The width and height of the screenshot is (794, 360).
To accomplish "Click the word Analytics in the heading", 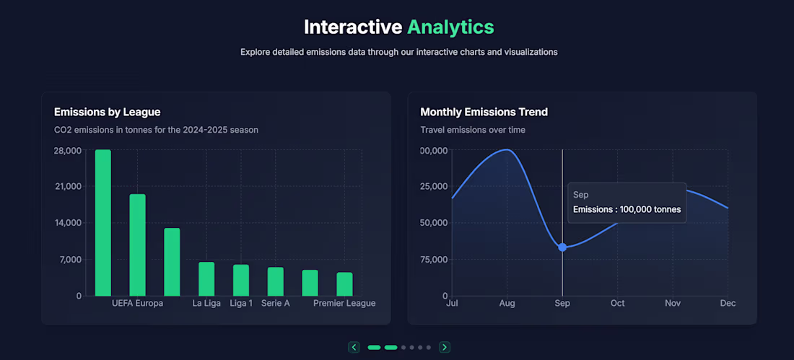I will [450, 27].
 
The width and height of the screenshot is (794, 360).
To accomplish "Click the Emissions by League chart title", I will [107, 112].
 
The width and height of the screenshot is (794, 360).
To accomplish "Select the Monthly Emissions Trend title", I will [484, 112].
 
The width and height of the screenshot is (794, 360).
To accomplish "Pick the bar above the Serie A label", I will [276, 281].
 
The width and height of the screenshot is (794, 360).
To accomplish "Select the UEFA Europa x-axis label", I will [137, 303].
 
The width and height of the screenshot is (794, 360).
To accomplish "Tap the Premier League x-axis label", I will [344, 303].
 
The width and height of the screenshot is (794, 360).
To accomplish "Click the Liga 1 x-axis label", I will [241, 303].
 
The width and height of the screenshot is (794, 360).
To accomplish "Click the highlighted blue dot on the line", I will [562, 247].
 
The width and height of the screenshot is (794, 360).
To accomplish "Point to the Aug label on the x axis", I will [507, 303].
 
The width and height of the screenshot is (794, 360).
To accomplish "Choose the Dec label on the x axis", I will [728, 303].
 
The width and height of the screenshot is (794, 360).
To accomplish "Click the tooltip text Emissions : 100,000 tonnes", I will [627, 209].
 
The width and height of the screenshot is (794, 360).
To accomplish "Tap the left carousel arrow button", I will [354, 347].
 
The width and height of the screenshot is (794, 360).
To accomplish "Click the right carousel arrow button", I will [445, 347].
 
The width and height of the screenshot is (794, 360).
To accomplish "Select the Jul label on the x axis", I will [453, 303].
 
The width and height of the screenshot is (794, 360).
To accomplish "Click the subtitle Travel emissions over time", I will [473, 130].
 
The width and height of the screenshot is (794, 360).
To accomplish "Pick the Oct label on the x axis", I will [618, 303].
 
